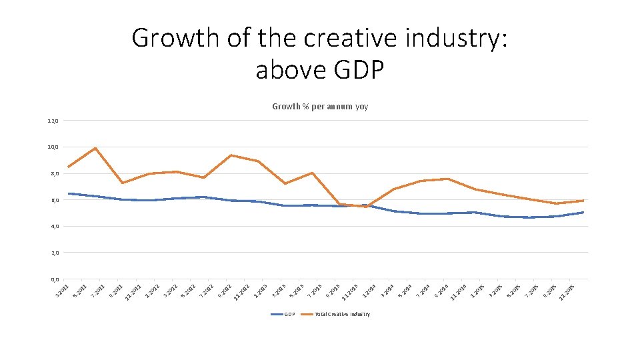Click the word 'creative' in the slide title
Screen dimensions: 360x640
[x=350, y=38]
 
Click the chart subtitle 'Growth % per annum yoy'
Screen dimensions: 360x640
[x=320, y=107]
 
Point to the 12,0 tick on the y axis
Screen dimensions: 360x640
[x=53, y=121]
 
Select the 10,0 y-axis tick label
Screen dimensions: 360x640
[x=53, y=147]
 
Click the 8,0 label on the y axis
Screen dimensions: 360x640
[x=54, y=173]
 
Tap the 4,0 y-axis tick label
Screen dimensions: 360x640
[x=54, y=226]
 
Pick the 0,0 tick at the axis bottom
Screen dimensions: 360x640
[x=54, y=279]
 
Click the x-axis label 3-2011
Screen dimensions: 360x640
[x=61, y=291]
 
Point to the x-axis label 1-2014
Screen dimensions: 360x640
[x=369, y=291]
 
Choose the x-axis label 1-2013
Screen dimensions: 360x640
[x=260, y=291]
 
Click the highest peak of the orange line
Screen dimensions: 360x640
[x=96, y=148]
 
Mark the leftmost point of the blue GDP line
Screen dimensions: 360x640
[x=69, y=193]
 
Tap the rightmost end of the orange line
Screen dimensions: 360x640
[x=583, y=200]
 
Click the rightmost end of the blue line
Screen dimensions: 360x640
[x=583, y=212]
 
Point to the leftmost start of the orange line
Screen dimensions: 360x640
[x=69, y=167]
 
